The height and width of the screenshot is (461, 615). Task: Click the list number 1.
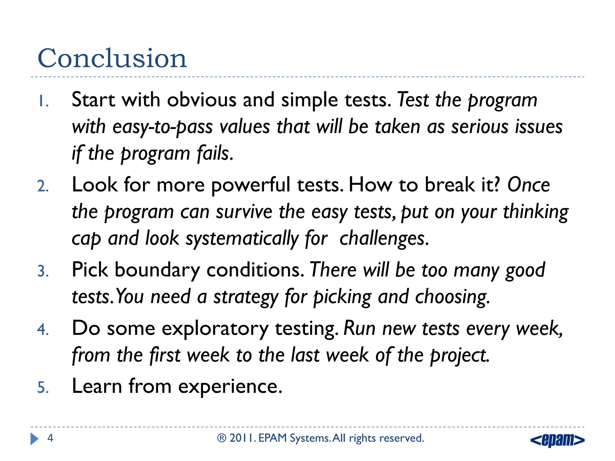[x=43, y=101]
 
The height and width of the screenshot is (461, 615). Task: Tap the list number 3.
[x=43, y=271]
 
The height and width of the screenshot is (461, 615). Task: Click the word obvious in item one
[x=201, y=100]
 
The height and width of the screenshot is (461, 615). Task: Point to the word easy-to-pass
[x=162, y=127]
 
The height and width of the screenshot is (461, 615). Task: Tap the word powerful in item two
[x=250, y=185]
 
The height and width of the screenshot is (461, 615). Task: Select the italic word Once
[x=528, y=185]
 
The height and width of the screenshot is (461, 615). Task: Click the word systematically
[x=242, y=239]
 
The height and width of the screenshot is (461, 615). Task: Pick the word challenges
[x=383, y=239]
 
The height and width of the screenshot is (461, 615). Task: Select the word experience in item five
[x=230, y=386]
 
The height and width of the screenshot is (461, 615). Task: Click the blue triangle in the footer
[x=34, y=439]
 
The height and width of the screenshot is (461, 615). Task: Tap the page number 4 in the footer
[x=50, y=438]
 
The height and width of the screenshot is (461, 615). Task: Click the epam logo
[x=557, y=440]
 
